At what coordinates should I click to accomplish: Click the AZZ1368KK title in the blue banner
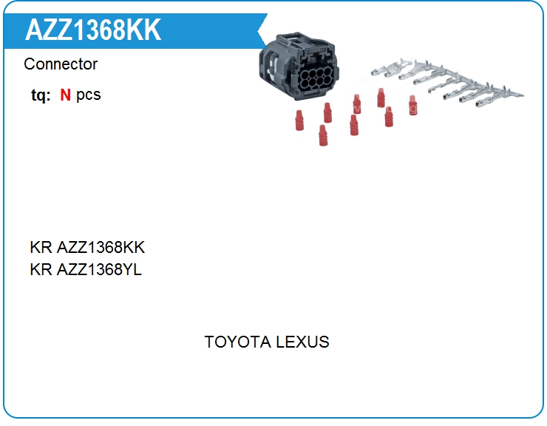pos(93,30)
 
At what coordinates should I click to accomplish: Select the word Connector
pos(61,64)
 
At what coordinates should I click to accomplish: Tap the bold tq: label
pos(41,95)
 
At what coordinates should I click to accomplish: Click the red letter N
pos(65,95)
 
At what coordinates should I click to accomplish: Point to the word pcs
pos(88,95)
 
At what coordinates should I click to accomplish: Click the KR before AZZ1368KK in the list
pos(41,247)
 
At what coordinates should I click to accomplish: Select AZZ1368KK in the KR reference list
pos(101,247)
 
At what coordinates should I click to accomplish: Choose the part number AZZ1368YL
pos(99,269)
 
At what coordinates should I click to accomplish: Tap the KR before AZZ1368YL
pos(41,269)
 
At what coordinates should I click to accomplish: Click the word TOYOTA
pos(237,342)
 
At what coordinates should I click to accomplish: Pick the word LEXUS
pos(302,342)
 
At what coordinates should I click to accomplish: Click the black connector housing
pos(299,67)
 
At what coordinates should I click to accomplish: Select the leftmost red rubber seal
pos(299,121)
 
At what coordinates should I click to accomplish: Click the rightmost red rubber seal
pos(412,105)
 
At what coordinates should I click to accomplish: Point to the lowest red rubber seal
pos(323,135)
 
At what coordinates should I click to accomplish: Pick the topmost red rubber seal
pos(381,98)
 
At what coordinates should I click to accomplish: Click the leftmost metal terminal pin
pos(387,68)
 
